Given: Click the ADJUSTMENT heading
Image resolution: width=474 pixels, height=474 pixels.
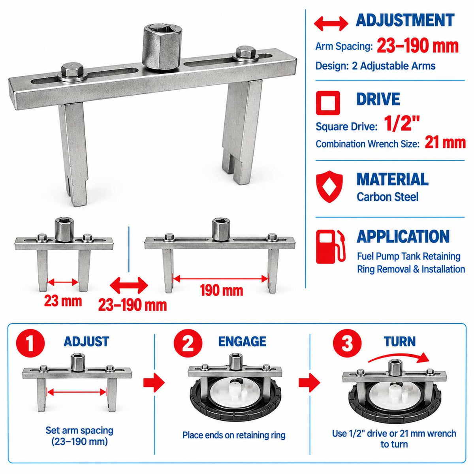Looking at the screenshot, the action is click(405, 20).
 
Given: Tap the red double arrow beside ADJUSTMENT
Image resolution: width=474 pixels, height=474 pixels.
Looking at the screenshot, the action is click(331, 24).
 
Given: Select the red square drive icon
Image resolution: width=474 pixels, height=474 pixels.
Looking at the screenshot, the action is click(328, 103).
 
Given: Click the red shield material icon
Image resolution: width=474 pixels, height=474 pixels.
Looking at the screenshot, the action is click(329, 187).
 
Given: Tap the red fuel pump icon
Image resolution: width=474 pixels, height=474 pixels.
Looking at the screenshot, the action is click(330, 247).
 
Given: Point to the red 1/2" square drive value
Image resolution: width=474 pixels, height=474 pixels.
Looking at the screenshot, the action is click(402, 124).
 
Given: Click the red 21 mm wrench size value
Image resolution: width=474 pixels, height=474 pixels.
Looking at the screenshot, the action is click(445, 143).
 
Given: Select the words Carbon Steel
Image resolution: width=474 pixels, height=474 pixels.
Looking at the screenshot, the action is click(387, 197).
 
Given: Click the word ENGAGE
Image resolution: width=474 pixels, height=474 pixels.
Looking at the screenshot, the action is click(242, 342).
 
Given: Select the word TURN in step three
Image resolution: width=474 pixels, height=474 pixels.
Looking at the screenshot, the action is click(400, 342).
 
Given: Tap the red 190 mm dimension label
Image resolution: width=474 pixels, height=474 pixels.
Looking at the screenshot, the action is click(221, 290).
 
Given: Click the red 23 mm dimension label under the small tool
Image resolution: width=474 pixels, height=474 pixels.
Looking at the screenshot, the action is click(63, 301).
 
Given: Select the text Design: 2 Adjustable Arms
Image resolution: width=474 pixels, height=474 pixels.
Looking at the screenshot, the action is click(375, 66).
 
